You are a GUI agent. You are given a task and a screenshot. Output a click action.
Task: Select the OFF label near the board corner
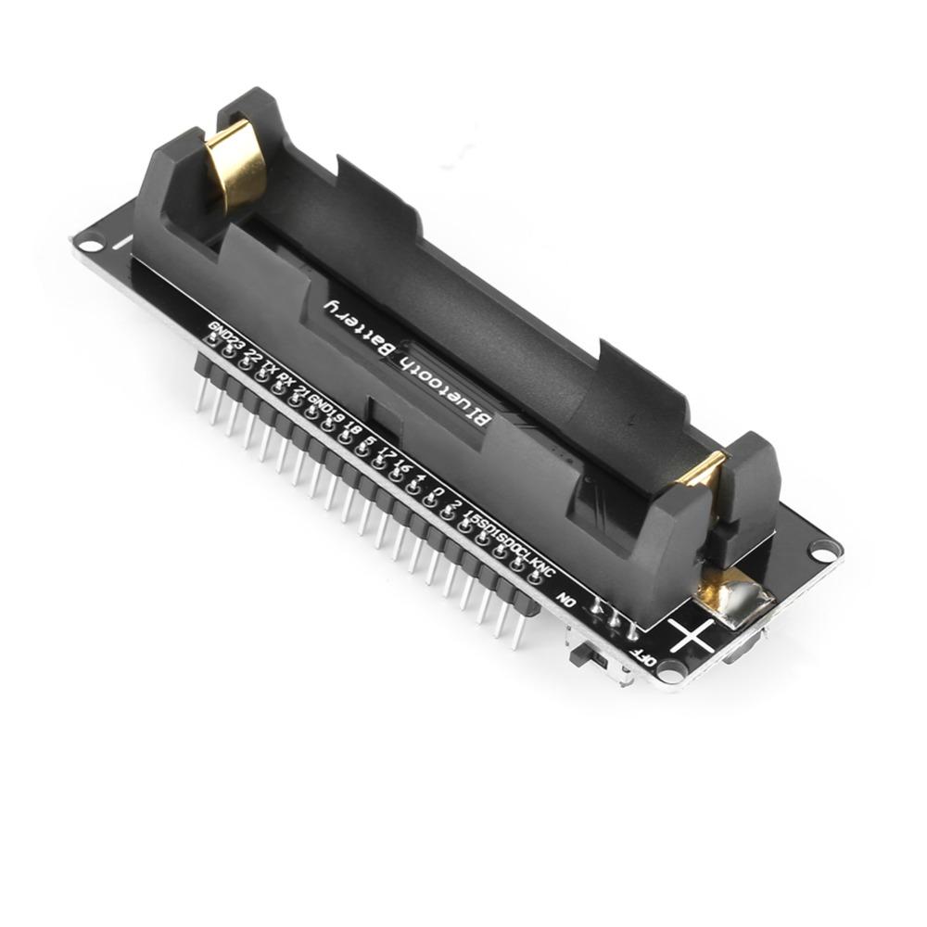click(x=643, y=660)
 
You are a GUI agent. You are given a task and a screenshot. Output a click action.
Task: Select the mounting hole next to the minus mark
click(x=90, y=246)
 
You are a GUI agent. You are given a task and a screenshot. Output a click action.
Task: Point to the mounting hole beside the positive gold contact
click(x=823, y=551)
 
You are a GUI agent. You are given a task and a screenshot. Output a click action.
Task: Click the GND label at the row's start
click(x=219, y=329)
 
